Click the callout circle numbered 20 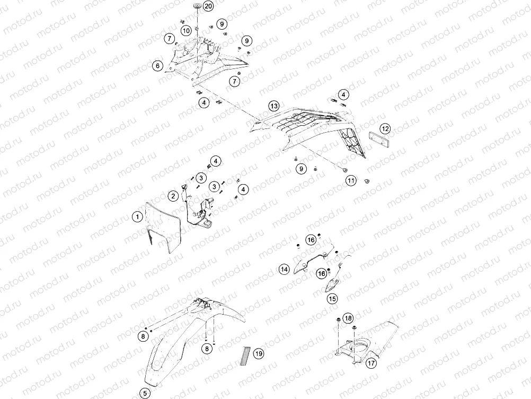208,6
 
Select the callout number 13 274,106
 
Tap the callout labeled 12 385,129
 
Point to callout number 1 137,216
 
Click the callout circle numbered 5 145,393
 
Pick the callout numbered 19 259,354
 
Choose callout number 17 371,363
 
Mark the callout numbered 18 348,318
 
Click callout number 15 332,299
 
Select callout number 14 284,270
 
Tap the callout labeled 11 351,181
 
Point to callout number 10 186,31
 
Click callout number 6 157,66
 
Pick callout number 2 173,196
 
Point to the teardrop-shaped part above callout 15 331,284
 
